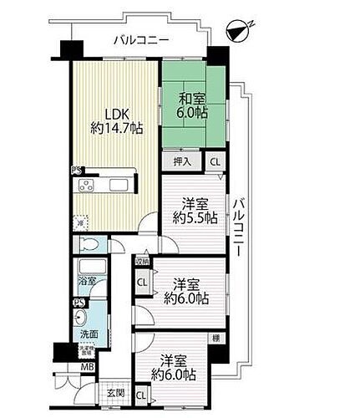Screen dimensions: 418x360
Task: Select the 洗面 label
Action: (x=89, y=334)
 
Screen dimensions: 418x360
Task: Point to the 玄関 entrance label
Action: (x=114, y=392)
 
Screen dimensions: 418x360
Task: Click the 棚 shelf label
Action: (x=216, y=338)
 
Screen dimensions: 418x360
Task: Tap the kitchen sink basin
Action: (x=118, y=183)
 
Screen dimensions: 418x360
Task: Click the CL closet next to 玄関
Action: (x=140, y=393)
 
